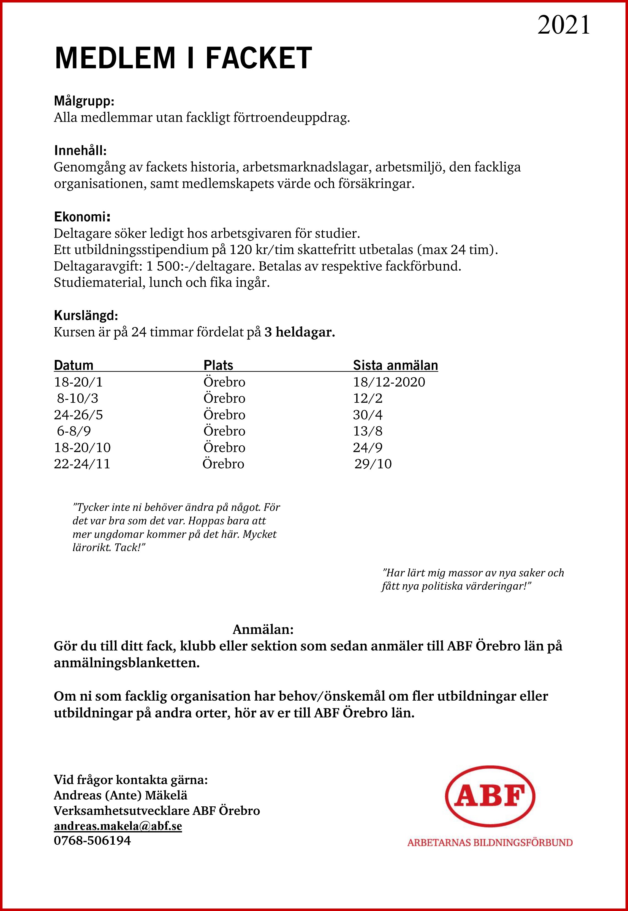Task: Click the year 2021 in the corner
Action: pyautogui.click(x=564, y=25)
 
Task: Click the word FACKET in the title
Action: pyautogui.click(x=259, y=58)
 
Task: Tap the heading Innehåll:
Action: pyautogui.click(x=81, y=151)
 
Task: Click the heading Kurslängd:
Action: pyautogui.click(x=86, y=316)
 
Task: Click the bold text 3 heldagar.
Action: pyautogui.click(x=300, y=332)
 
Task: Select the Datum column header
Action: pyautogui.click(x=74, y=365)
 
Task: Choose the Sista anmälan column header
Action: pyautogui.click(x=395, y=365)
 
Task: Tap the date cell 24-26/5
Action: pyautogui.click(x=78, y=415)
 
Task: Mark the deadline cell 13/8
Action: pyautogui.click(x=368, y=431)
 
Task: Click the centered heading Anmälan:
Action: pyautogui.click(x=263, y=629)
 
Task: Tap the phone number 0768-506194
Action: pyautogui.click(x=92, y=840)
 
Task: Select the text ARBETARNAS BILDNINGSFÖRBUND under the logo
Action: pyautogui.click(x=490, y=842)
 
